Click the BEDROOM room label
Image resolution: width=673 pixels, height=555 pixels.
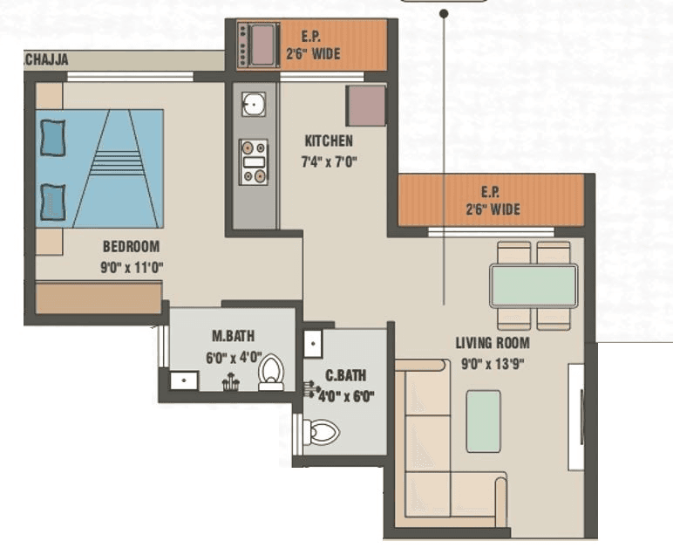(x=131, y=247)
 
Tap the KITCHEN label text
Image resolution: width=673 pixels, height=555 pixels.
(x=329, y=141)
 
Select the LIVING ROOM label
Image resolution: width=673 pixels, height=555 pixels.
(x=493, y=343)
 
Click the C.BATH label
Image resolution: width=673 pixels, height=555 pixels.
(x=345, y=377)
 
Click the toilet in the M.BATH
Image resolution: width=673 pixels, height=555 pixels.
(x=271, y=372)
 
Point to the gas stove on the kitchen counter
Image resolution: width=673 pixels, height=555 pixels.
(x=254, y=161)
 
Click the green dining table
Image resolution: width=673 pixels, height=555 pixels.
(x=533, y=285)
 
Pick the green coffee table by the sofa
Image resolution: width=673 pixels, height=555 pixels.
(x=483, y=421)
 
